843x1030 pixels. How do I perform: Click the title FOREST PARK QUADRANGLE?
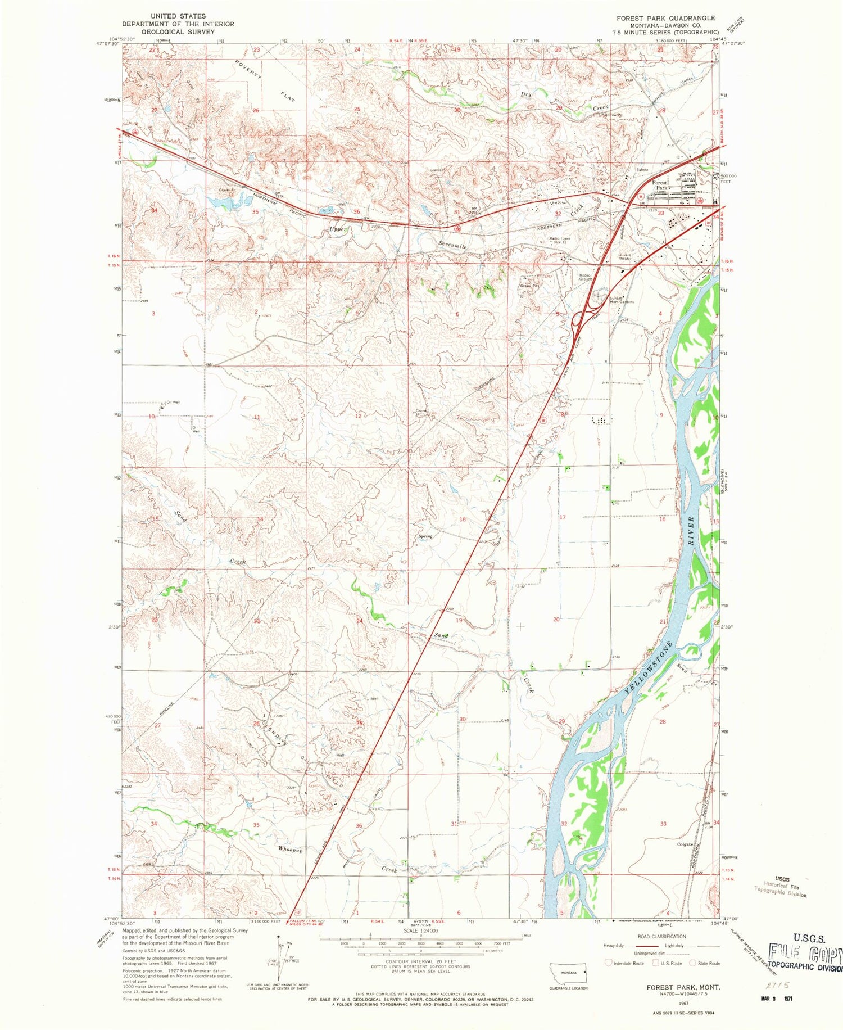pyautogui.click(x=665, y=18)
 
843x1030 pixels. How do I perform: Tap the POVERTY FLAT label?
pyautogui.click(x=264, y=79)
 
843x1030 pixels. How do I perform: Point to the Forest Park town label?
pyautogui.click(x=659, y=185)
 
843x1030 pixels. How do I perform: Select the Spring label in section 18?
pyautogui.click(x=425, y=536)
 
